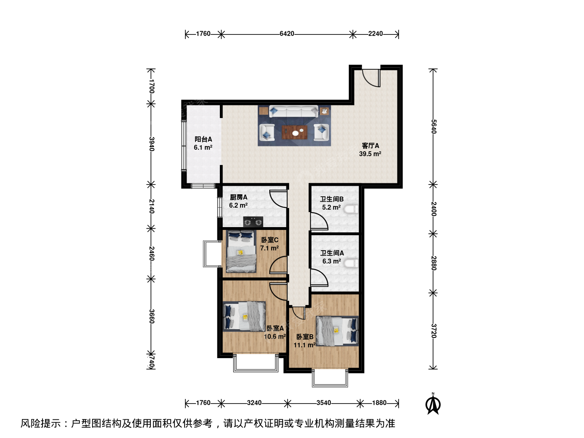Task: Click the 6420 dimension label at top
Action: click(x=287, y=34)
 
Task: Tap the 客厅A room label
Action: click(x=370, y=146)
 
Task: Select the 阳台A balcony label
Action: click(x=203, y=140)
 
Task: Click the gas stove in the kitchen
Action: click(x=253, y=222)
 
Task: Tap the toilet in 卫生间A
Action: click(x=351, y=264)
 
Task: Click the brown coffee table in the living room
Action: click(x=295, y=133)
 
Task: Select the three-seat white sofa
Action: click(x=294, y=111)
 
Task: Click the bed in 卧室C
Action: click(x=241, y=251)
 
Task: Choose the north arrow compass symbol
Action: click(x=433, y=404)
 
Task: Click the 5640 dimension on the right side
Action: click(x=434, y=127)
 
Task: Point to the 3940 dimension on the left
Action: click(x=151, y=144)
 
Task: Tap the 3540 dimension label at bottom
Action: click(x=324, y=403)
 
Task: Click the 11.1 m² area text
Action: click(x=305, y=345)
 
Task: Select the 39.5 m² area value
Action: click(x=370, y=154)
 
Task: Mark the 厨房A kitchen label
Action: click(x=238, y=198)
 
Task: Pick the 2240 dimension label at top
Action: click(x=376, y=34)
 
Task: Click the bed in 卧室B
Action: click(x=337, y=331)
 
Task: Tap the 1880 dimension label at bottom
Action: click(x=379, y=403)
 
